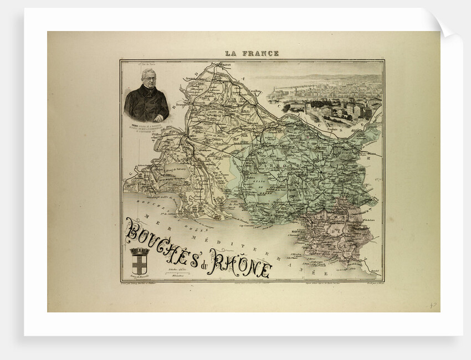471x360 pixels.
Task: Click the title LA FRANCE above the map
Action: (252, 54)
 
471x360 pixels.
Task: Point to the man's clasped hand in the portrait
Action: (158, 117)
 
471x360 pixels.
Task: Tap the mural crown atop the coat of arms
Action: (140, 251)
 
